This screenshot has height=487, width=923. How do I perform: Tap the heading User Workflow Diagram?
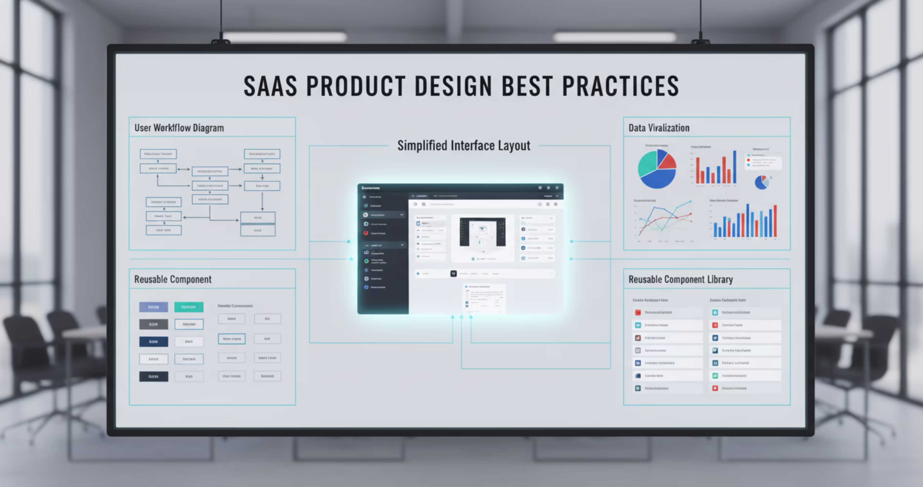click(x=179, y=128)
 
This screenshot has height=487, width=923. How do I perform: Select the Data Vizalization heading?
click(x=659, y=128)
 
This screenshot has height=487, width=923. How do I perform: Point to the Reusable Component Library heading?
click(x=680, y=279)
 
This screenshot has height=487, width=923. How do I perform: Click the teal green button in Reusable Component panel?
click(x=189, y=307)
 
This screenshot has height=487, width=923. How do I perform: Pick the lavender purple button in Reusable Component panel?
click(x=153, y=307)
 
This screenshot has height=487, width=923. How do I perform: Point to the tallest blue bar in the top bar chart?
click(x=735, y=167)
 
